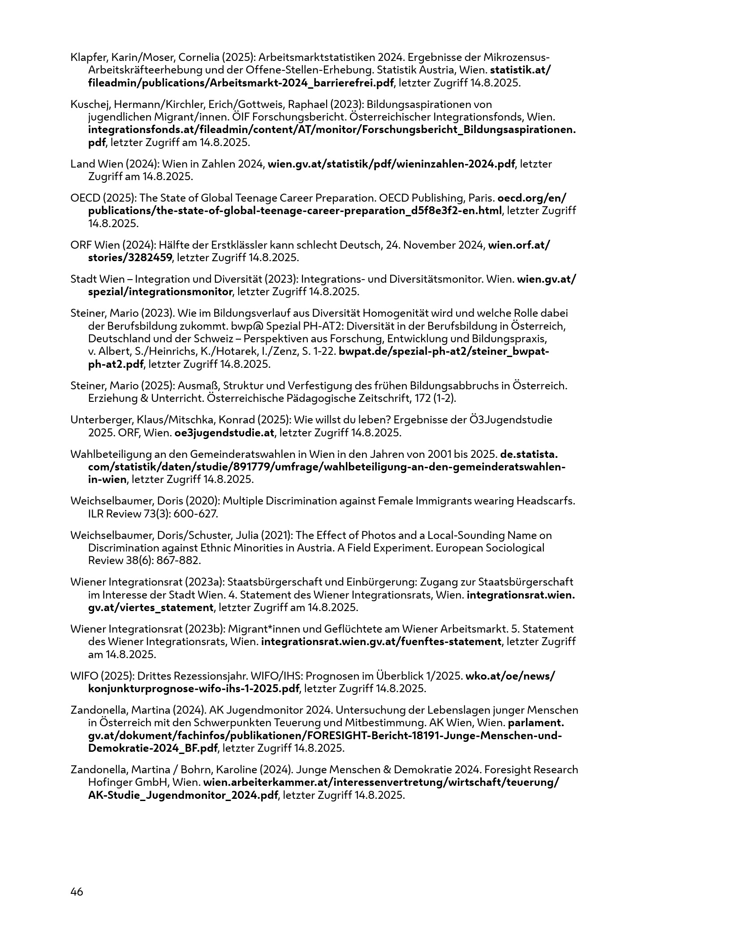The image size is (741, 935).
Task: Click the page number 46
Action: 77,892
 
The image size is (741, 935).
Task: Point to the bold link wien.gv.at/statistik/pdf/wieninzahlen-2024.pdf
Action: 391,164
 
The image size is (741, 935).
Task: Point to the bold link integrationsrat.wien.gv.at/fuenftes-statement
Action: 381,642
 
